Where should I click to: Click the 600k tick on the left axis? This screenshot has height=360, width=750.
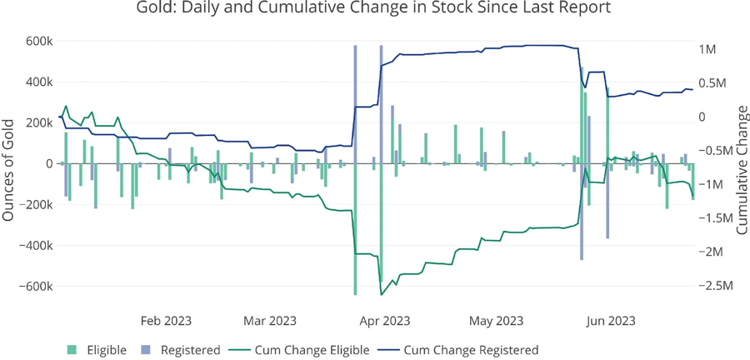click(39, 42)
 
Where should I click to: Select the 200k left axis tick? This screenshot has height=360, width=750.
click(39, 123)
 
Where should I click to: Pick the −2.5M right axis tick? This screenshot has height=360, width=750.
click(714, 286)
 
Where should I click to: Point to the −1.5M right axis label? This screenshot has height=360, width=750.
click(714, 218)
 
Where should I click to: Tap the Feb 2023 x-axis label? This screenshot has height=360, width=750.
click(165, 321)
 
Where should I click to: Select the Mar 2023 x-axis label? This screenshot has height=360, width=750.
click(270, 321)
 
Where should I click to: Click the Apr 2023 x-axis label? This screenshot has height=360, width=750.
click(384, 321)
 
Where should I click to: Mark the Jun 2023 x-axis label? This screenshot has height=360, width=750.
click(610, 321)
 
